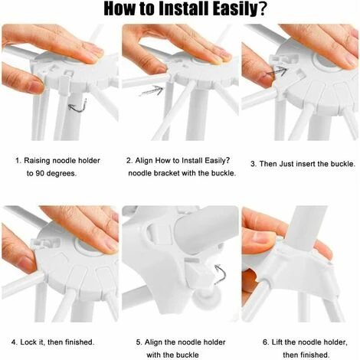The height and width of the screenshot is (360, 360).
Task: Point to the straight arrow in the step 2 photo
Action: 152,90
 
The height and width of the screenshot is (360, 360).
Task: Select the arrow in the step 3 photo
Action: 277,72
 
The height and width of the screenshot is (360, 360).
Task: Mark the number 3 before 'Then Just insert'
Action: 253,163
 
